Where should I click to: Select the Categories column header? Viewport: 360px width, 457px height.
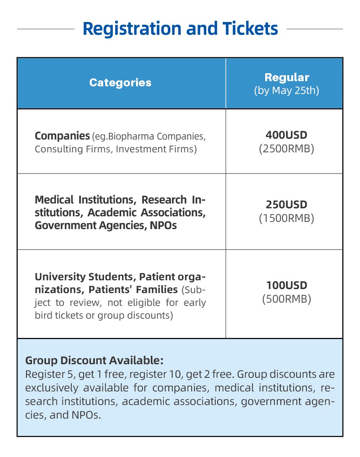click(120, 83)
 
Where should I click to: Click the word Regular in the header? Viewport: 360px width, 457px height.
click(287, 78)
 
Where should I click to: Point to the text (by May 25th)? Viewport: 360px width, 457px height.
click(286, 90)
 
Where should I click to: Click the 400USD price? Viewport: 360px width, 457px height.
click(286, 135)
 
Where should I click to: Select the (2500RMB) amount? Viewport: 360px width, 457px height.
click(286, 149)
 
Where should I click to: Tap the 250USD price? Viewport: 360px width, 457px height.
click(286, 205)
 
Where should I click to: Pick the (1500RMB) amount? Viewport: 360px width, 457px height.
click(286, 218)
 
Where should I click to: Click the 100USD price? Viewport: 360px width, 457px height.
click(286, 285)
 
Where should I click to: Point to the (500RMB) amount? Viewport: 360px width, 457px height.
click(286, 299)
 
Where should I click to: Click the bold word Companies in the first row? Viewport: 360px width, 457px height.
click(62, 136)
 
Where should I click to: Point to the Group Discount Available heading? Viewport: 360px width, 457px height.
click(94, 360)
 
